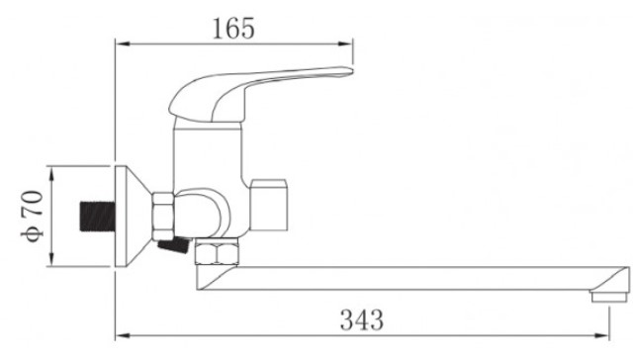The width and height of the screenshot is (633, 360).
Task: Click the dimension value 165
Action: pyautogui.click(x=233, y=29)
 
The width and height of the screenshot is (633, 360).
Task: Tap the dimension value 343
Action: pyautogui.click(x=362, y=319)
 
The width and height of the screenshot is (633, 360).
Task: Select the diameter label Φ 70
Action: pyautogui.click(x=33, y=216)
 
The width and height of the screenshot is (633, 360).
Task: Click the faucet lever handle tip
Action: pyautogui.click(x=349, y=71)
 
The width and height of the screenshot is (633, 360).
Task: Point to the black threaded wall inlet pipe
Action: pyautogui.click(x=97, y=217)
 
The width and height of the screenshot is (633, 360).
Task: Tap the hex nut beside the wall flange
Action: pyautogui.click(x=163, y=217)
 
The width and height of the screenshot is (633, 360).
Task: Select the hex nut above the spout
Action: pyautogui.click(x=217, y=252)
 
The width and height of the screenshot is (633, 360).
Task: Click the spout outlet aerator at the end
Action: pyautogui.click(x=610, y=297)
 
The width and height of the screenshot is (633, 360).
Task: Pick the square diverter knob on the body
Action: pyautogui.click(x=268, y=205)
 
